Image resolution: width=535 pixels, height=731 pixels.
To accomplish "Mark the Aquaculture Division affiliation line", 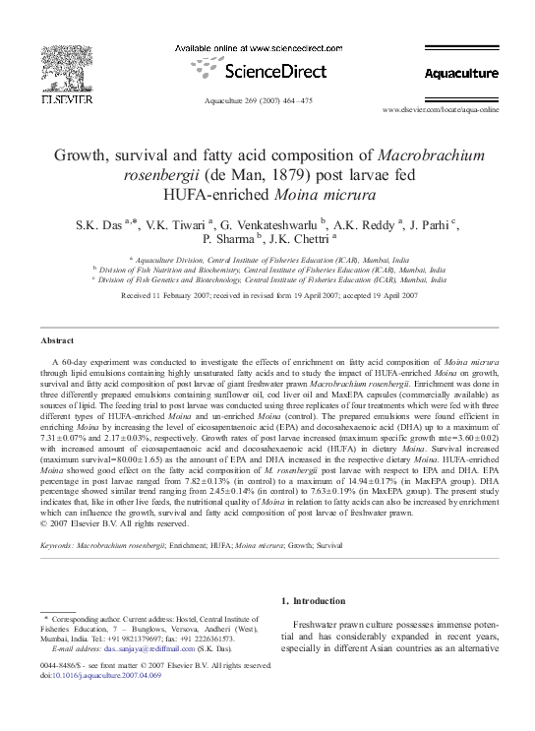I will coord(266,258).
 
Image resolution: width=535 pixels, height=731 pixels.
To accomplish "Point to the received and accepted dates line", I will coord(267,294).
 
